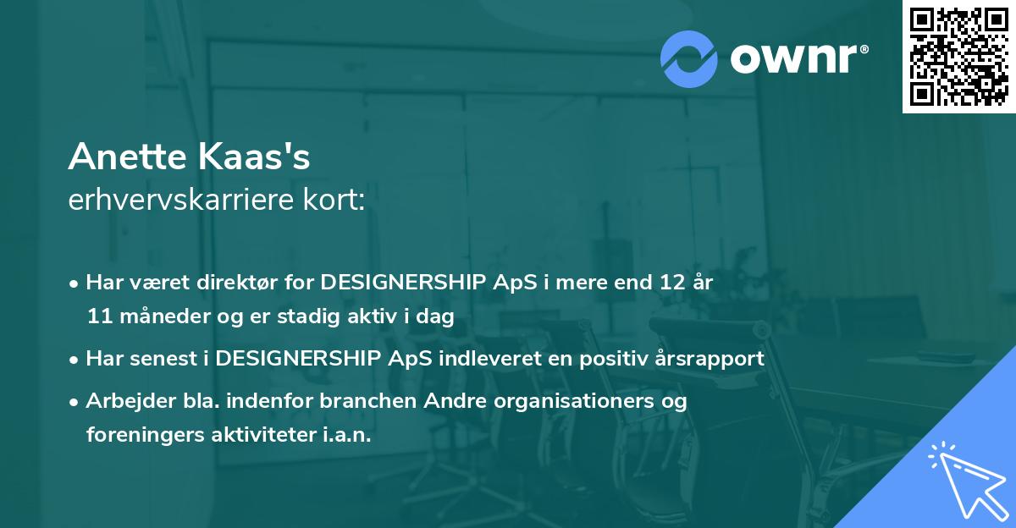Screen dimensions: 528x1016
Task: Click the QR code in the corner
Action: [958, 56]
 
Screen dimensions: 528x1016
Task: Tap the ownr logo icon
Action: [689, 58]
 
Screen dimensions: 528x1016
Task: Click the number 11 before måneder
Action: [98, 316]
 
